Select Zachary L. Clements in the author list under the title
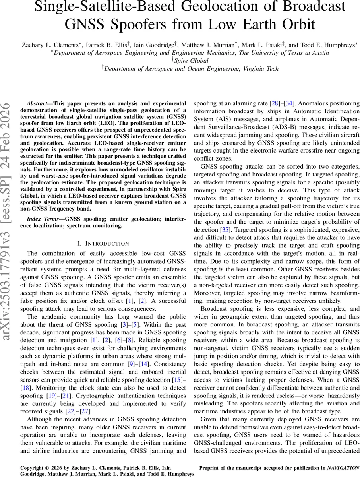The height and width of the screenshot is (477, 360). pyautogui.click(x=50, y=45)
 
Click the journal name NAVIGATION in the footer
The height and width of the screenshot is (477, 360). pyautogui.click(x=344, y=468)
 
